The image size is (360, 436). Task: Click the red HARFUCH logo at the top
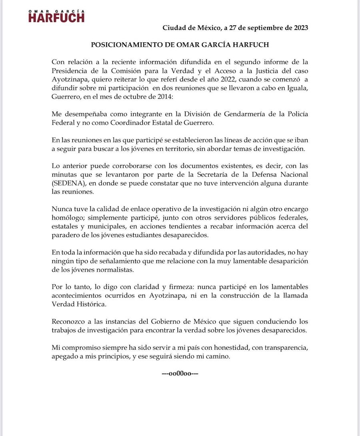(56, 18)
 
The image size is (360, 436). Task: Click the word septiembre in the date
(256, 28)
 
